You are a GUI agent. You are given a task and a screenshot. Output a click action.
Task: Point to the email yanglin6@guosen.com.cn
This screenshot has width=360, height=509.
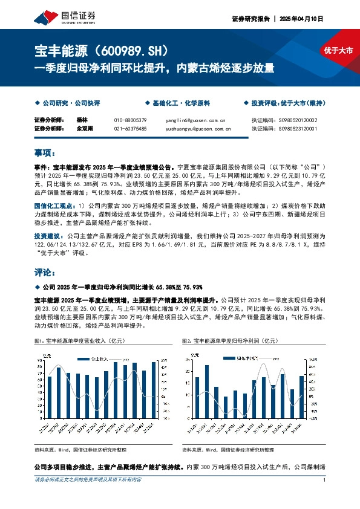[194, 120]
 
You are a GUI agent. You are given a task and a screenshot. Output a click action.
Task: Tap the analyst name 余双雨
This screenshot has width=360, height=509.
[87, 128]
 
